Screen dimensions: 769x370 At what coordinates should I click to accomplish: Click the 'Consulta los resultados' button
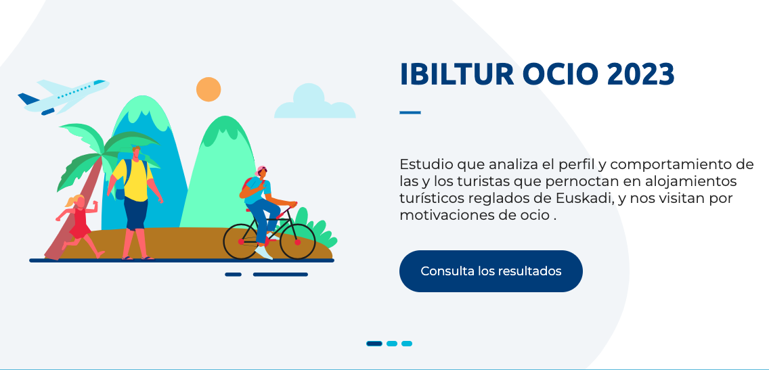(491, 271)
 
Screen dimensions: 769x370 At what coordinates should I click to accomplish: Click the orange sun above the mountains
(208, 89)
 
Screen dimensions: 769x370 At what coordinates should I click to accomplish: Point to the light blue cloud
(315, 101)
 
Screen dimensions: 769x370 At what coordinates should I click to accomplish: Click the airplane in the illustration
(63, 97)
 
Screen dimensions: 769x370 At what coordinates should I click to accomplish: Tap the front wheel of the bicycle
(297, 241)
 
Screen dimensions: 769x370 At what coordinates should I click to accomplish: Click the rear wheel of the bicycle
(241, 241)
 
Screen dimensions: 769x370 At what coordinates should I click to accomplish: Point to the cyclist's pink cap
(261, 170)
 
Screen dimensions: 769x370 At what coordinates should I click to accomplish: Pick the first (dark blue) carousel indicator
(374, 344)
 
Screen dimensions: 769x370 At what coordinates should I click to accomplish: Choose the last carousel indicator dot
(407, 344)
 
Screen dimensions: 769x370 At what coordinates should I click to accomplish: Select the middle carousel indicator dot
(392, 344)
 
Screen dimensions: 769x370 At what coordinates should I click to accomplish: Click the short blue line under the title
(410, 113)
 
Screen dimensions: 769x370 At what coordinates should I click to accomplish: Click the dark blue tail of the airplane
(28, 99)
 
